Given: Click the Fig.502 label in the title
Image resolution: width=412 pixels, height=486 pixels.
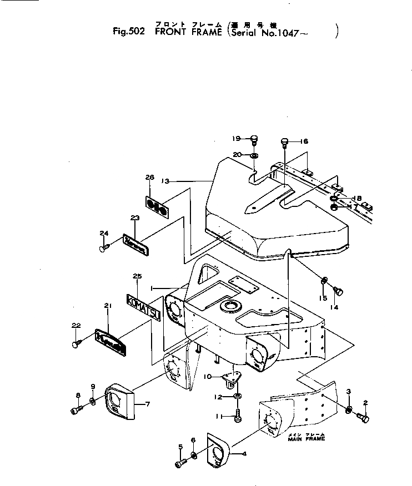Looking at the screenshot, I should coord(128,32).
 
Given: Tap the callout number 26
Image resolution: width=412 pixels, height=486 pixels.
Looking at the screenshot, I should coord(149,177).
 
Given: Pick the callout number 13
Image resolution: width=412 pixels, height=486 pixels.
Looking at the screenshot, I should coord(165,181).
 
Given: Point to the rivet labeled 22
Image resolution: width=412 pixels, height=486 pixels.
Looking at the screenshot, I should coord(76,345).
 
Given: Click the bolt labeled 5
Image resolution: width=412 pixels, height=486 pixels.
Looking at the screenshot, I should coord(180,463).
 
